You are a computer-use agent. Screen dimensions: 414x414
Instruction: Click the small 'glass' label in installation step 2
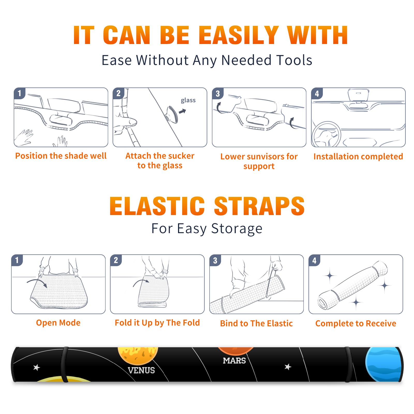pyautogui.click(x=188, y=100)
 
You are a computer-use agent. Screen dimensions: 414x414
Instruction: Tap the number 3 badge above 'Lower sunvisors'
pyautogui.click(x=218, y=94)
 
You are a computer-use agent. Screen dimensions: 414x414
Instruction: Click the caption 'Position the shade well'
pyautogui.click(x=61, y=156)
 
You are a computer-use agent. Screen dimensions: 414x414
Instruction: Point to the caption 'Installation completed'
pyautogui.click(x=358, y=156)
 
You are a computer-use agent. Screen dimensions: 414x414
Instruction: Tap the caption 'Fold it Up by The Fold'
pyautogui.click(x=157, y=323)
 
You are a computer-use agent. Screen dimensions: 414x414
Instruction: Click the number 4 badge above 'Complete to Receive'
pyautogui.click(x=314, y=261)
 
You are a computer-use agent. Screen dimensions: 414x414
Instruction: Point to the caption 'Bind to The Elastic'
pyautogui.click(x=256, y=323)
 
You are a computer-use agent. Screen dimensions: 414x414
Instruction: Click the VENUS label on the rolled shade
pyautogui.click(x=141, y=370)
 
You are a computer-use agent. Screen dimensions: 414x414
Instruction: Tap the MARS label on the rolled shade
pyautogui.click(x=234, y=360)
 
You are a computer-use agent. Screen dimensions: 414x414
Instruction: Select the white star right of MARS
pyautogui.click(x=288, y=367)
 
